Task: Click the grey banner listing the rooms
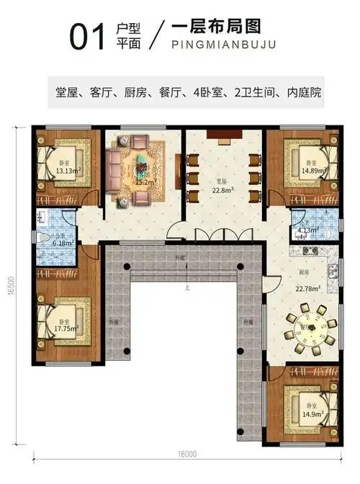point(184,93)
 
